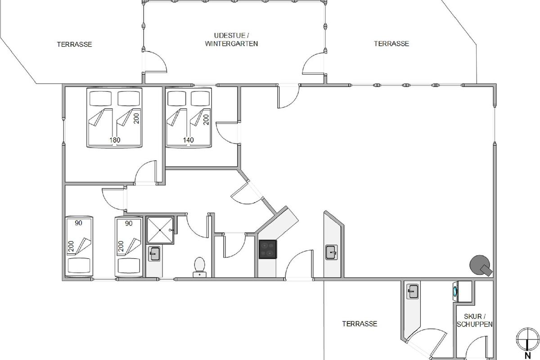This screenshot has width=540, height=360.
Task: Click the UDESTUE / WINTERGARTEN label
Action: [231, 40]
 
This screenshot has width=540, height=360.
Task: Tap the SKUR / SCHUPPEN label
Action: [474, 320]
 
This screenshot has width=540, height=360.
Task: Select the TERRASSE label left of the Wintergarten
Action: [75, 45]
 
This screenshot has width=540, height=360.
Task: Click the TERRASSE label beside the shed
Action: [360, 324]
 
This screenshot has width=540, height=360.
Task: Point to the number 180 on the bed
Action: [115, 140]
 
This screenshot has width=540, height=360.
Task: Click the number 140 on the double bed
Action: [188, 140]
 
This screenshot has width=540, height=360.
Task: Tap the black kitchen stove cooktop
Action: [268, 249]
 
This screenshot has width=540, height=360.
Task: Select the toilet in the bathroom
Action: [199, 267]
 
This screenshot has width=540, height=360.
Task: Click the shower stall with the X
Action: [160, 230]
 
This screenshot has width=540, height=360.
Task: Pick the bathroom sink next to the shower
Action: [154, 254]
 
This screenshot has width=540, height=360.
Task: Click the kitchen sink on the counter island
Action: [332, 252]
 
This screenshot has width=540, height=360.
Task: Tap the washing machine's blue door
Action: [455, 291]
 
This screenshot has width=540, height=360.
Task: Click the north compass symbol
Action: [528, 339]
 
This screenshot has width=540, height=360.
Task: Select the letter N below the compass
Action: [528, 355]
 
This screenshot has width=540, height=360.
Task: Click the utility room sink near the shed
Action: [413, 291]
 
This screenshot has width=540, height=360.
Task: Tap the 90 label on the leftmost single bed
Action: [78, 223]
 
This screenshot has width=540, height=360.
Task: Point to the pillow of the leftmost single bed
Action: [79, 265]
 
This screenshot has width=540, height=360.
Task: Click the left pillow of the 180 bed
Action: [100, 98]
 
